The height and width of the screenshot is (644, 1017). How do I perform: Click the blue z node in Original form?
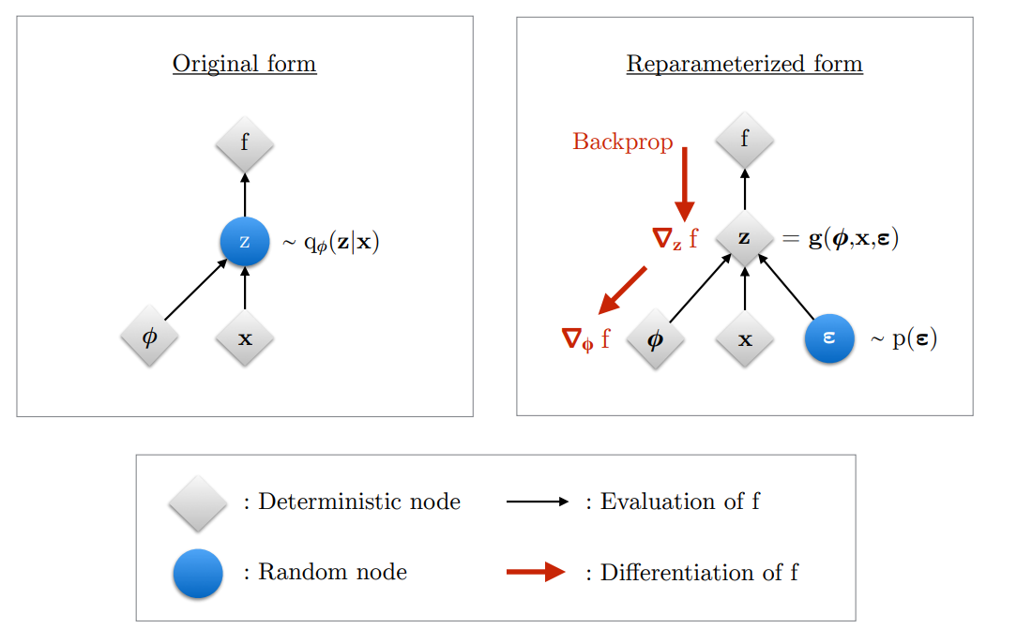(x=245, y=242)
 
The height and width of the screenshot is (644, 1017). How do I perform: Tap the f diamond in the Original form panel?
(x=245, y=143)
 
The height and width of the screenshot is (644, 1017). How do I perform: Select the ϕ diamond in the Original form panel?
(x=150, y=337)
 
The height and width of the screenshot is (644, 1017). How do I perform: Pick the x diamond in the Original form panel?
(x=245, y=337)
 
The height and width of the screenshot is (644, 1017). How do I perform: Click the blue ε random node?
(x=829, y=338)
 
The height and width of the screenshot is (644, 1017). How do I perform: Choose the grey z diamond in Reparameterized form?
(x=745, y=238)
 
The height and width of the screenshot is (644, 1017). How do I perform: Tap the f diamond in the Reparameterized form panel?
(x=745, y=140)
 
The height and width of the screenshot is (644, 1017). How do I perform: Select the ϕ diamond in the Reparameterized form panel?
(x=656, y=338)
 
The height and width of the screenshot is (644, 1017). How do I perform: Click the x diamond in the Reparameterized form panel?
(x=745, y=338)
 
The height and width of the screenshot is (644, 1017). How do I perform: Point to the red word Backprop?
(x=623, y=142)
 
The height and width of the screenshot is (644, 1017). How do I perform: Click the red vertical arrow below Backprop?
(x=684, y=185)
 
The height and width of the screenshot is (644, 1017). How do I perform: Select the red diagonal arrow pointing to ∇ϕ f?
(x=622, y=291)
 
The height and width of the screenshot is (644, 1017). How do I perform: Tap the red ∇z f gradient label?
(x=675, y=238)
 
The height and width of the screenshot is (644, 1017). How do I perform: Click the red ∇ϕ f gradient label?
(x=585, y=339)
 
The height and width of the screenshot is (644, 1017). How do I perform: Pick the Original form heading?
(x=245, y=64)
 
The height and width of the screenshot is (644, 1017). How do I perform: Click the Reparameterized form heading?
(x=745, y=64)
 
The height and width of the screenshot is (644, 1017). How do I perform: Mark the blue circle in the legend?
(x=198, y=574)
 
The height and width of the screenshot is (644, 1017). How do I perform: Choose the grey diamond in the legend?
(x=198, y=503)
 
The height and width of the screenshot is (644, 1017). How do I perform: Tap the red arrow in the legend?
(x=536, y=572)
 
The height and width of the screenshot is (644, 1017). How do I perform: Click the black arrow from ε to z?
(x=786, y=287)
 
